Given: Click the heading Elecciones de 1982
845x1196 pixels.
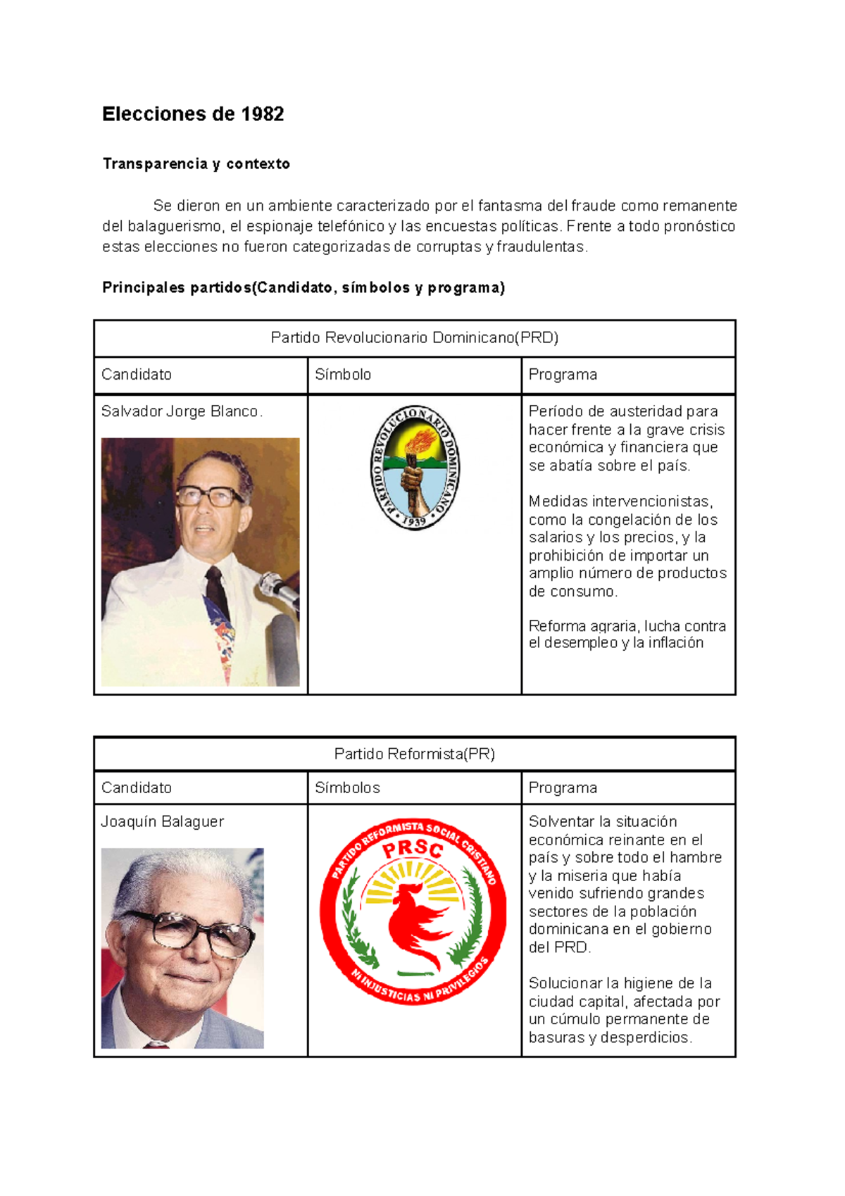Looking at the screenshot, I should click(x=193, y=114).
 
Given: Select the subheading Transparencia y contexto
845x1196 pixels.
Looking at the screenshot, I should click(x=196, y=164).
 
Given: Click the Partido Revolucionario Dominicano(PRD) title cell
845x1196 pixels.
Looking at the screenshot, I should click(x=414, y=338).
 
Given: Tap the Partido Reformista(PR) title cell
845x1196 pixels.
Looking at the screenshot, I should click(x=414, y=754).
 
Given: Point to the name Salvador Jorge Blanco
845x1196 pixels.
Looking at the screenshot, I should click(x=181, y=411).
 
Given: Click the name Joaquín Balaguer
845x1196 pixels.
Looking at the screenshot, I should click(x=162, y=822).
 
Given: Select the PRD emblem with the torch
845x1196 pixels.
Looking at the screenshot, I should click(x=415, y=467).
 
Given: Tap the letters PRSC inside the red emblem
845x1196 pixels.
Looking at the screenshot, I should click(x=413, y=849).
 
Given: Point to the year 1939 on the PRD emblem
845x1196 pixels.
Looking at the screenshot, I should click(x=415, y=521).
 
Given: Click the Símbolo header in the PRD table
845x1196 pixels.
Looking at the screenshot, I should click(x=343, y=375).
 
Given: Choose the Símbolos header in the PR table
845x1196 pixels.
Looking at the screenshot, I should click(x=347, y=788).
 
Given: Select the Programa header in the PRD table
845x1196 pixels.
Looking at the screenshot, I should click(x=563, y=375).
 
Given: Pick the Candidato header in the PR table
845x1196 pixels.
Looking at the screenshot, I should click(x=137, y=788).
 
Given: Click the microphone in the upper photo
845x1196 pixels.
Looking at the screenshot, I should click(x=280, y=589).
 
